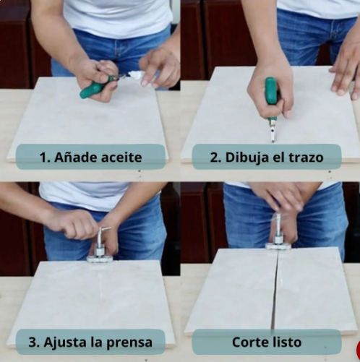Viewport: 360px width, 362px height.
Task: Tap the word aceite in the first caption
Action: [121, 158]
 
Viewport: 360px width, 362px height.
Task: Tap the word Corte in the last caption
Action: [249, 342]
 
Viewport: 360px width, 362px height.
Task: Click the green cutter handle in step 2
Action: [271, 91]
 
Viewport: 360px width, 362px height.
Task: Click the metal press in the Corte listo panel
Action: [278, 233]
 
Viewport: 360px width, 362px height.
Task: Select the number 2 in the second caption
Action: [215, 158]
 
